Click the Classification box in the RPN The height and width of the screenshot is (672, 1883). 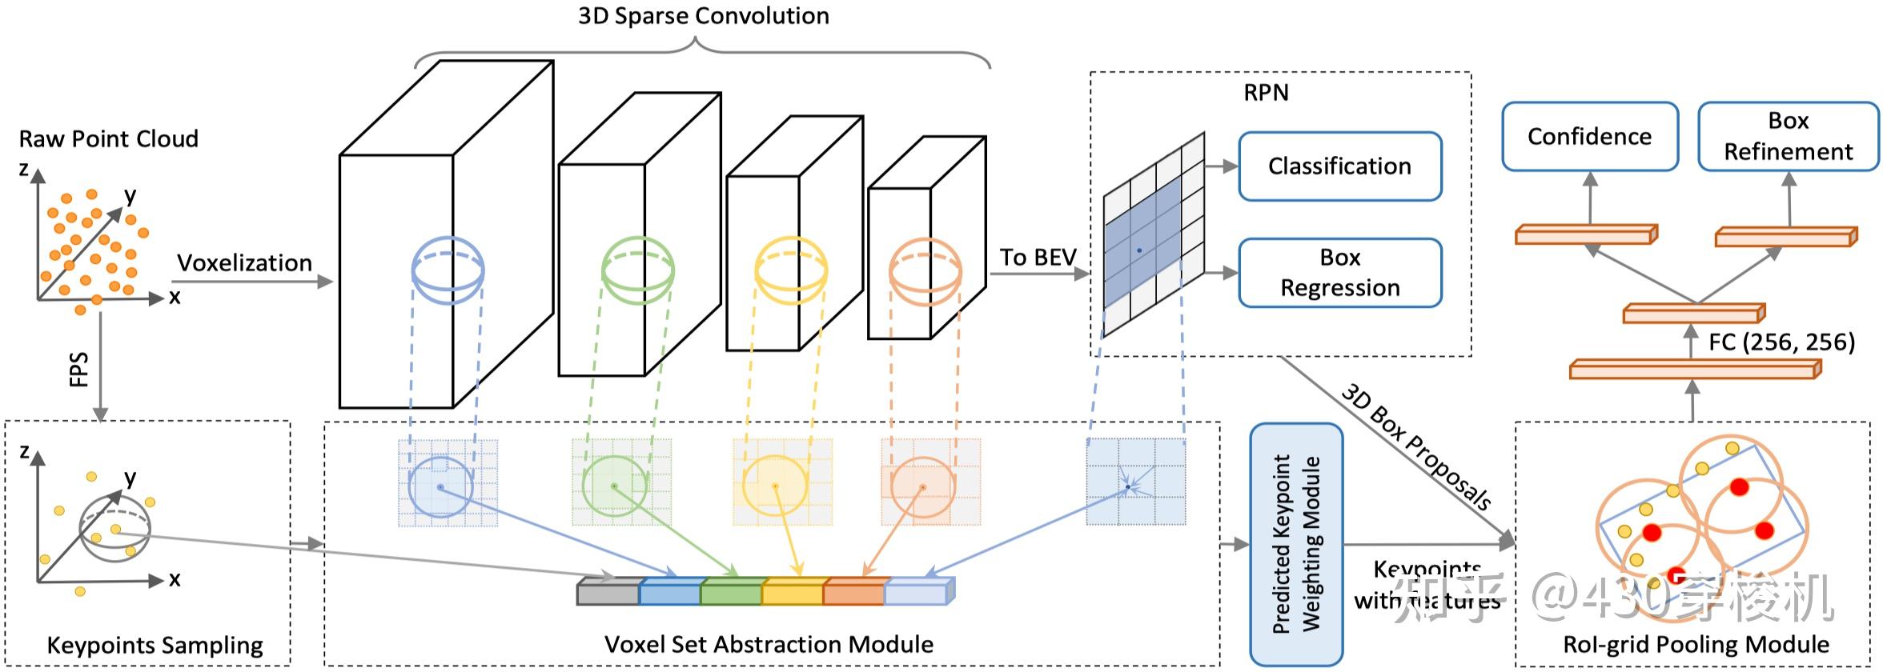pos(1339,166)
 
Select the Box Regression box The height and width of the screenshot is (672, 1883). pos(1339,273)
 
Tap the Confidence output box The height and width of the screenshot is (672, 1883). pos(1589,137)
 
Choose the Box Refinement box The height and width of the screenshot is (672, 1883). pos(1788,137)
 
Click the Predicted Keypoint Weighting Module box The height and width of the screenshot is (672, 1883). pos(1296,544)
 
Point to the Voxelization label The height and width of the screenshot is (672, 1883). pos(244,263)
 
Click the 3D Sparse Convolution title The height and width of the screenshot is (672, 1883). pos(703,16)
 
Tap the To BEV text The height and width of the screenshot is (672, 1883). pos(1038,258)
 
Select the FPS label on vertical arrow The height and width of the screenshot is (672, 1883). pos(78,370)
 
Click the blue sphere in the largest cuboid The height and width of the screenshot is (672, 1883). pos(448,270)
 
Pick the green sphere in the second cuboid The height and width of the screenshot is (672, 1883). pos(637,270)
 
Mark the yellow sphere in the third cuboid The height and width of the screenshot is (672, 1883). pos(791,270)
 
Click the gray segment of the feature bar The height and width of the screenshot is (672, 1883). pos(608,593)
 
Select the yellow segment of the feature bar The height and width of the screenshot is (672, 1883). pos(792,593)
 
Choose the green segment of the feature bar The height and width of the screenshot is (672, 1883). pos(731,593)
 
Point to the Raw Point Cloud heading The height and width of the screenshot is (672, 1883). pos(108,139)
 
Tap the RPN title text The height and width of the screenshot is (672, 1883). pos(1266,93)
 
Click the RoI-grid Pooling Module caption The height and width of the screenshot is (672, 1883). pos(1696,645)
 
